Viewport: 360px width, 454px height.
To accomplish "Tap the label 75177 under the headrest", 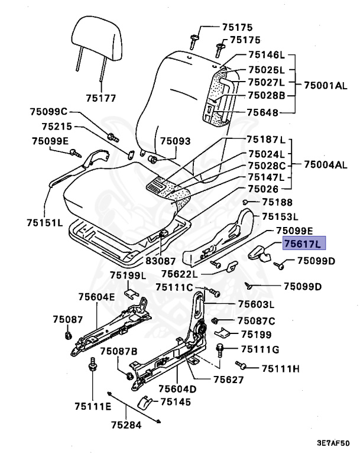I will coord(100,98).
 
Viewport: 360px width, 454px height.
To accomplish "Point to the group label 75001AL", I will coord(325,85).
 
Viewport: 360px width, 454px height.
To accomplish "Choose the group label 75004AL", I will coord(325,164).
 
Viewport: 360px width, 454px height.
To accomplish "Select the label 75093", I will coord(176,141).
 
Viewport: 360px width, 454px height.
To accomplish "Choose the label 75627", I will coord(228,380).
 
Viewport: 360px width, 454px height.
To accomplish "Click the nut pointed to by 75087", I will coord(67,336).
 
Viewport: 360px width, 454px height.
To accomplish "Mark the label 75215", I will coord(57,126).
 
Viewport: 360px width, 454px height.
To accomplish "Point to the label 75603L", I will coord(256,304).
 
